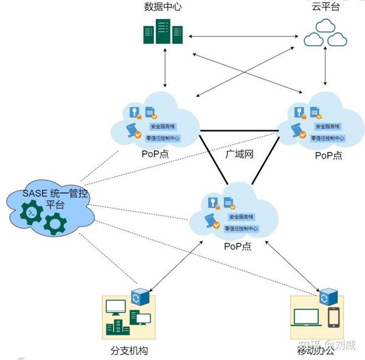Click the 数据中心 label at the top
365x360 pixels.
[162, 7]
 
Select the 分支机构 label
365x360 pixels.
[129, 351]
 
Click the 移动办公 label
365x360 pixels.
[316, 350]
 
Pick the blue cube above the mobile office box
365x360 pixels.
[329, 297]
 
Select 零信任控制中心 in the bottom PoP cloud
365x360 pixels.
[242, 229]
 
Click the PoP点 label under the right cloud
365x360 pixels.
[328, 155]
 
